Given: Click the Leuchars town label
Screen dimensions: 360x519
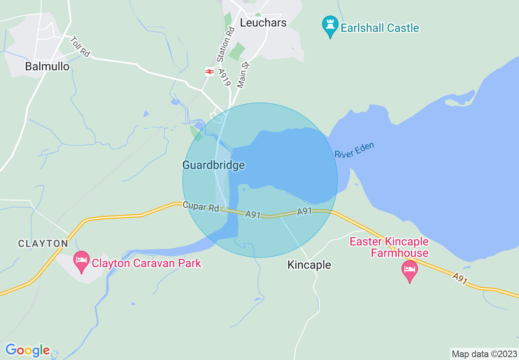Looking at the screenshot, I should click(263, 22).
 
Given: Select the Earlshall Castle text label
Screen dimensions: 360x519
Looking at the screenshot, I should click(380, 28).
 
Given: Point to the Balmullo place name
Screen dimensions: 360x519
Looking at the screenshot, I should click(47, 66).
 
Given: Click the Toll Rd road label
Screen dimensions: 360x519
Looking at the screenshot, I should click(80, 47).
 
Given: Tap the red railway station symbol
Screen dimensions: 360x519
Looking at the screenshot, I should click(209, 72).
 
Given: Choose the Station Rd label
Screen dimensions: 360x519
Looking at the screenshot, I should click(226, 44).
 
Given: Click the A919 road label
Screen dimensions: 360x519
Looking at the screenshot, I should click(225, 77).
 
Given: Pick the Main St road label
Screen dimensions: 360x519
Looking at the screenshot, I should click(244, 75).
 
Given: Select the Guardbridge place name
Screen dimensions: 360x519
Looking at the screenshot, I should click(213, 165).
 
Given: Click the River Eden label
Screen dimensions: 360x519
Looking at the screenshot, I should click(354, 150).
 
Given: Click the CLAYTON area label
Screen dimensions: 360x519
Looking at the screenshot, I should click(43, 244).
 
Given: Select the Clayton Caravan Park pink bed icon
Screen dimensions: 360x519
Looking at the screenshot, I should click(81, 261).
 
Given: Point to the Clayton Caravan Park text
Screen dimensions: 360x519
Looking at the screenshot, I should click(147, 263).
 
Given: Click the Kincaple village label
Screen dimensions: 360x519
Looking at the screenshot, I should click(309, 265).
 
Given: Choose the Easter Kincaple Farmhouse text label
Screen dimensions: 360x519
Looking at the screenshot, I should click(389, 247).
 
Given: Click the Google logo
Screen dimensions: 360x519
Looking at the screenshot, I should click(27, 350).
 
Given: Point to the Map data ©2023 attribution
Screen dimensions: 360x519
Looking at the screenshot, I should click(483, 353).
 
